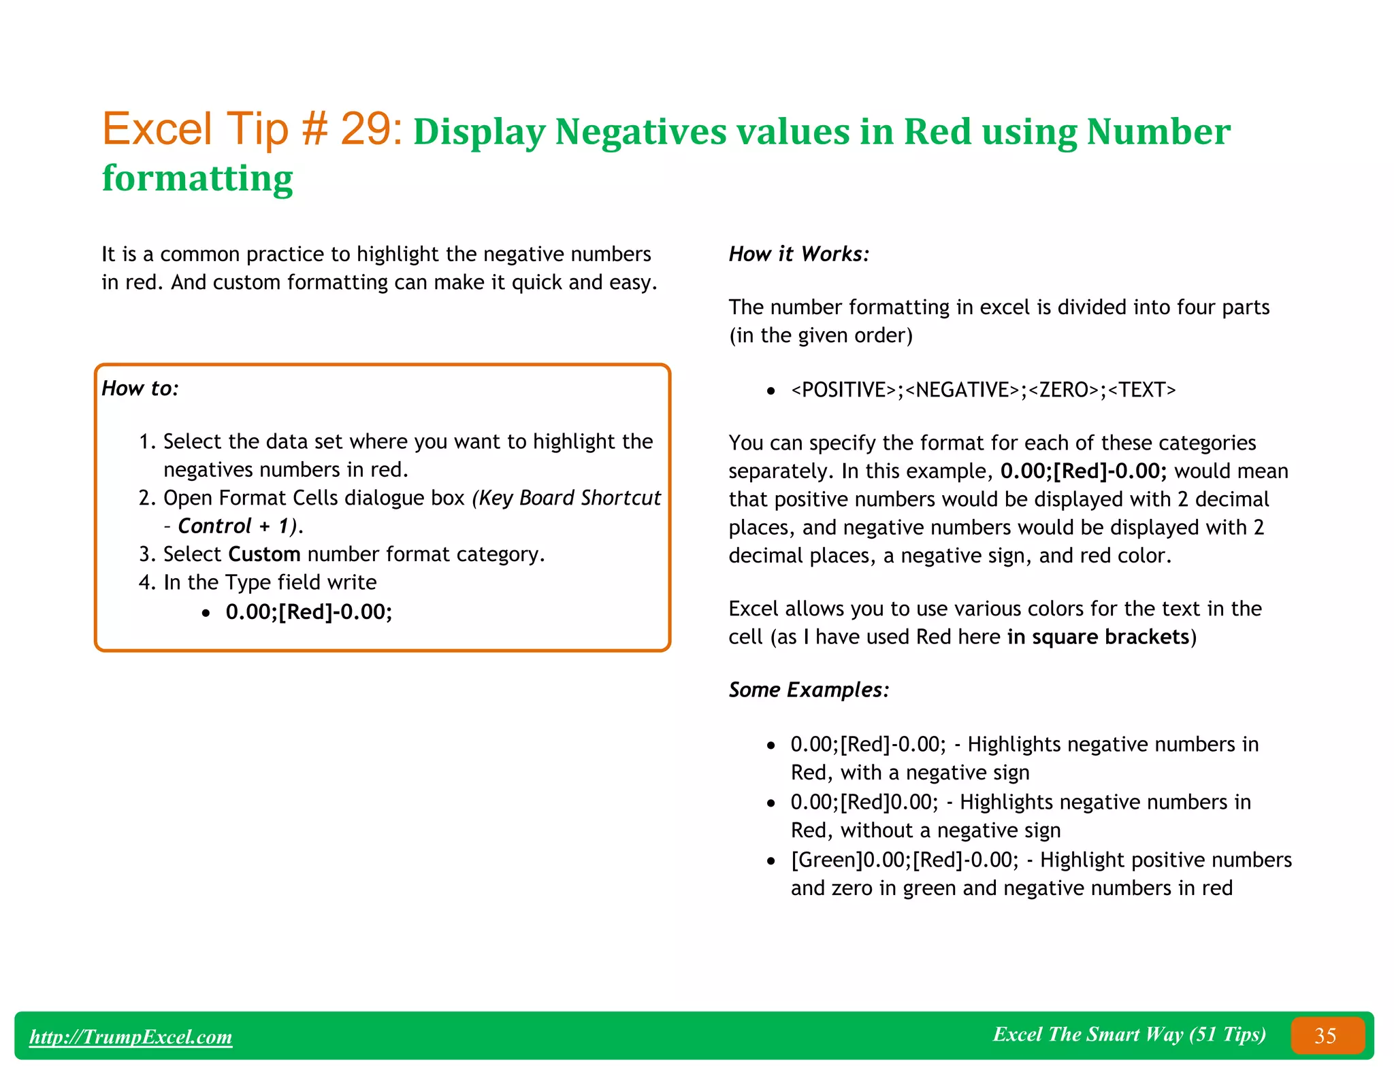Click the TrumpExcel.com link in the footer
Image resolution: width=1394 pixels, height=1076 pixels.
click(131, 1037)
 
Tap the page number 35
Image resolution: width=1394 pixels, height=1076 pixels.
click(1325, 1036)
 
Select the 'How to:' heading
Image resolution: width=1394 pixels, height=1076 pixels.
click(140, 388)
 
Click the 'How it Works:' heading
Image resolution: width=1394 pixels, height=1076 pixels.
click(799, 254)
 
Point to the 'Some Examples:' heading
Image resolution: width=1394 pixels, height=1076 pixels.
click(809, 690)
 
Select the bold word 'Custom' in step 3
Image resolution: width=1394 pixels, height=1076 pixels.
click(264, 554)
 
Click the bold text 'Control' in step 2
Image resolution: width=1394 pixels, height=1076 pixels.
click(214, 526)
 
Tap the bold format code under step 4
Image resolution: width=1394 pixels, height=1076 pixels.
click(309, 612)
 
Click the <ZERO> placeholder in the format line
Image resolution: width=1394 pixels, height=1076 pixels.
click(1063, 390)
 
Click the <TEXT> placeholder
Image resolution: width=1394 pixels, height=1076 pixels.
click(1141, 390)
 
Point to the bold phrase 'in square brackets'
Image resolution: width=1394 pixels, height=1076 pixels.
click(1098, 637)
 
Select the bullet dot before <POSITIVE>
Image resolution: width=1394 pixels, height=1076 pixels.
click(771, 391)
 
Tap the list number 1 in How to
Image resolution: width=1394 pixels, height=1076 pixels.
click(145, 442)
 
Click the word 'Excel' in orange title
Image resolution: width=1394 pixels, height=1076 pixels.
click(157, 129)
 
